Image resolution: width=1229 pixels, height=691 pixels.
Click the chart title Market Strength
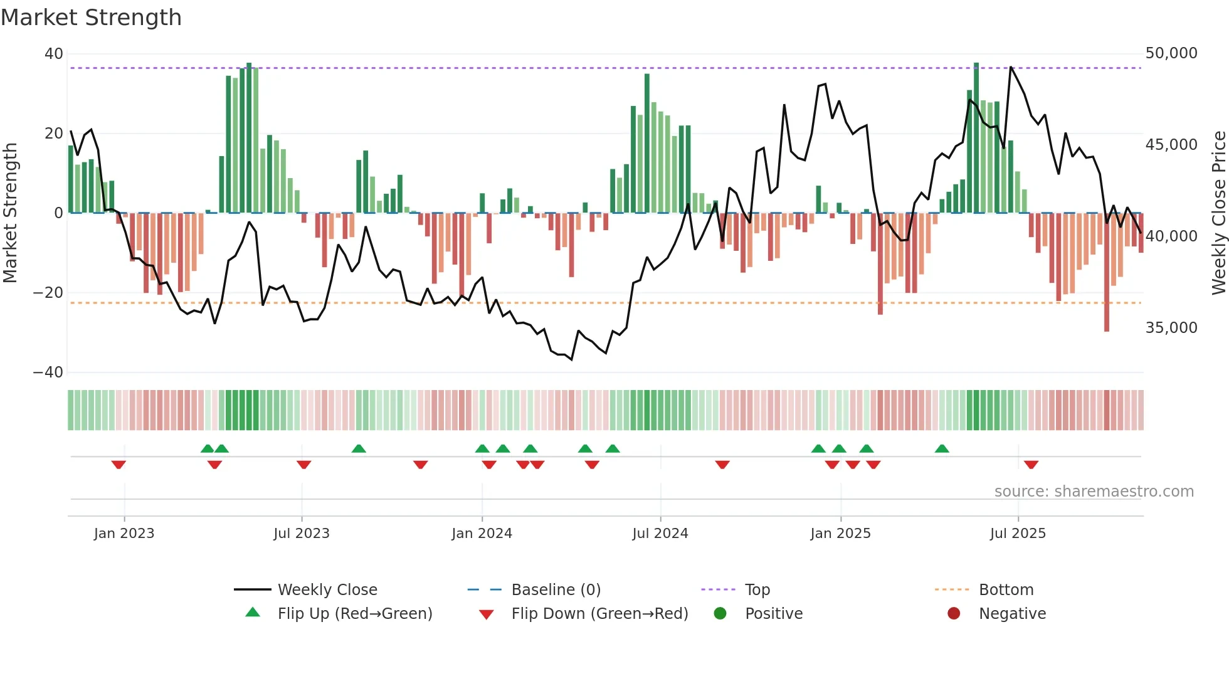click(x=91, y=18)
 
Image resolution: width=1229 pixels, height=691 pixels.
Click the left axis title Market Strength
click(x=10, y=213)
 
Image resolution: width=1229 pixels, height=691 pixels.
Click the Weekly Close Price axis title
click(x=1218, y=213)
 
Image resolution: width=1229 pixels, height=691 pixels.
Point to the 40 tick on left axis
click(x=54, y=54)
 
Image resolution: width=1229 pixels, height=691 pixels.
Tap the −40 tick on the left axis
click(x=49, y=372)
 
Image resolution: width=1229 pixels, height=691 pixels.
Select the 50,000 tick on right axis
click(x=1171, y=53)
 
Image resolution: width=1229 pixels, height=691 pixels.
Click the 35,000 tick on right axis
click(x=1171, y=328)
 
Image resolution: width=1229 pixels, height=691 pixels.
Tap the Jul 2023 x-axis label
click(x=302, y=534)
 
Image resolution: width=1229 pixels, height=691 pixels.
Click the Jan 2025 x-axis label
click(x=840, y=534)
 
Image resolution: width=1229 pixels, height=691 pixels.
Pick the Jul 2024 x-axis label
click(x=660, y=534)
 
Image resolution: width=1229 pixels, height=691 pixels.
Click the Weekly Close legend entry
click(x=327, y=590)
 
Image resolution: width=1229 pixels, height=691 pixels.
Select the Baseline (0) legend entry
click(x=556, y=590)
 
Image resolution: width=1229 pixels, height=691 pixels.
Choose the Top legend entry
click(x=757, y=590)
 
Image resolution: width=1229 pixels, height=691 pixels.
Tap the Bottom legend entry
click(x=1006, y=590)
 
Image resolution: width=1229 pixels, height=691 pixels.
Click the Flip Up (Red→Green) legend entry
click(x=354, y=614)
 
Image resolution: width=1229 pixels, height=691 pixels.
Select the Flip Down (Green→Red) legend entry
click(x=599, y=614)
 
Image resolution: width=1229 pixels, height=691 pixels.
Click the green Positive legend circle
click(x=720, y=614)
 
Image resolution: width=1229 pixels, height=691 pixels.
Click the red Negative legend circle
click(x=954, y=614)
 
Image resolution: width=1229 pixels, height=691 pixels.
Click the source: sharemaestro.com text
click(x=1094, y=492)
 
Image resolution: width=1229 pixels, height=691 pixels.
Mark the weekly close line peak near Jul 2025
click(x=1011, y=67)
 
